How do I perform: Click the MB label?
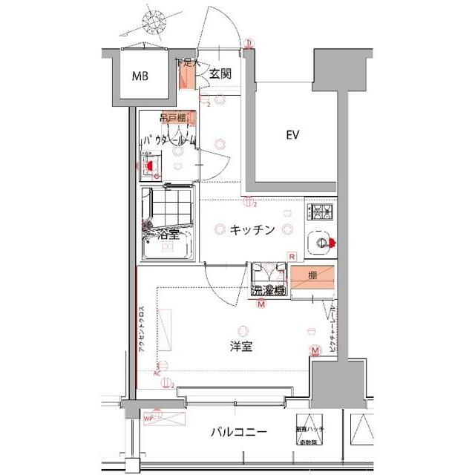pyautogui.click(x=140, y=76)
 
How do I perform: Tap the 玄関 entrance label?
pyautogui.click(x=220, y=73)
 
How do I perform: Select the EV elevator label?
pyautogui.click(x=292, y=135)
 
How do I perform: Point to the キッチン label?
pyautogui.click(x=252, y=230)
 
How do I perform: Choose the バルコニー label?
pyautogui.click(x=238, y=433)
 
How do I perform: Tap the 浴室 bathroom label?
pyautogui.click(x=168, y=235)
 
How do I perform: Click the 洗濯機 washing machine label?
pyautogui.click(x=268, y=290)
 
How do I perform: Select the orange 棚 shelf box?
pyautogui.click(x=312, y=277)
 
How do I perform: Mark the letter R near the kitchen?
pyautogui.click(x=292, y=257)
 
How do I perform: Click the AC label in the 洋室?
pyautogui.click(x=157, y=373)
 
